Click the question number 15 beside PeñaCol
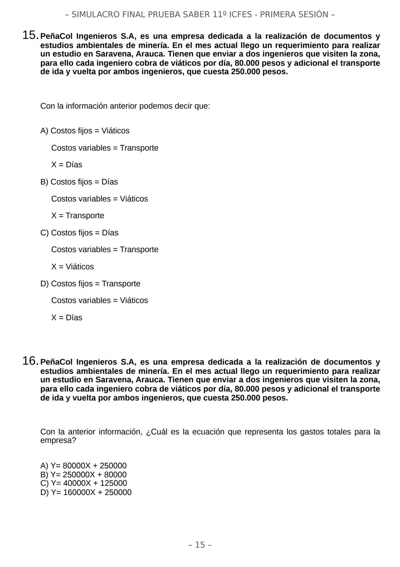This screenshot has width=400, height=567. coord(30,35)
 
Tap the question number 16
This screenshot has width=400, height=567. coord(30,361)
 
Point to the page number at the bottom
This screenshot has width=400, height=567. coord(200,545)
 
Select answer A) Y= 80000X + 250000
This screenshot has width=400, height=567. coord(83,466)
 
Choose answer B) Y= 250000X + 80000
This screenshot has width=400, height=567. coord(83,475)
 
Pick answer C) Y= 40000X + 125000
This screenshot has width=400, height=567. coord(83,483)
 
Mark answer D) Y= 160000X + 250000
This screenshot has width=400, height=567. coord(86,492)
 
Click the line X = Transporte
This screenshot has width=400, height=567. coord(78,216)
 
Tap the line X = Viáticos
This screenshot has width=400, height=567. coord(73,266)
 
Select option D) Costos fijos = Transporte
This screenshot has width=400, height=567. coord(90,283)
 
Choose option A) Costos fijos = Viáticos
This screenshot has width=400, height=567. coord(85,131)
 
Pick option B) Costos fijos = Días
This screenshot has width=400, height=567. coord(79,182)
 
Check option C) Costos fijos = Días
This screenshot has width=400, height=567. coord(79,233)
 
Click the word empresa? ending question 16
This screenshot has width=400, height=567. coord(58,440)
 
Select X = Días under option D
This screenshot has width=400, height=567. coord(67,318)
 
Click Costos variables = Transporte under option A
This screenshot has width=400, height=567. coord(105,148)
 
